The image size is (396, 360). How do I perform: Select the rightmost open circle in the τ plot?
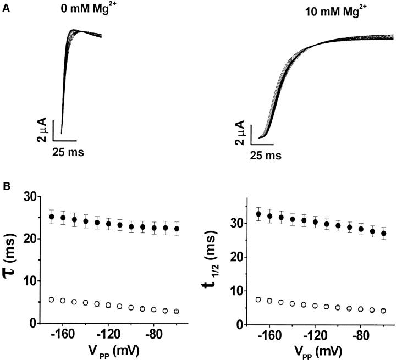(x=177, y=311)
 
